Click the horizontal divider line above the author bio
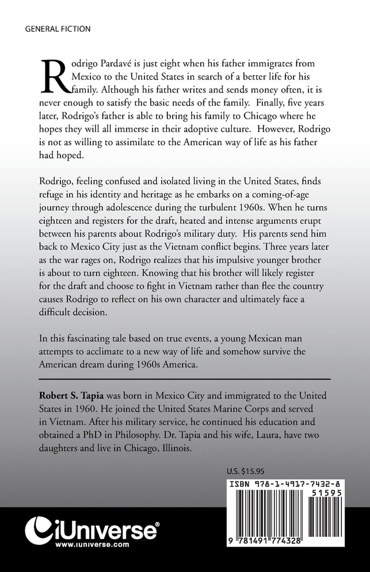point(185,378)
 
